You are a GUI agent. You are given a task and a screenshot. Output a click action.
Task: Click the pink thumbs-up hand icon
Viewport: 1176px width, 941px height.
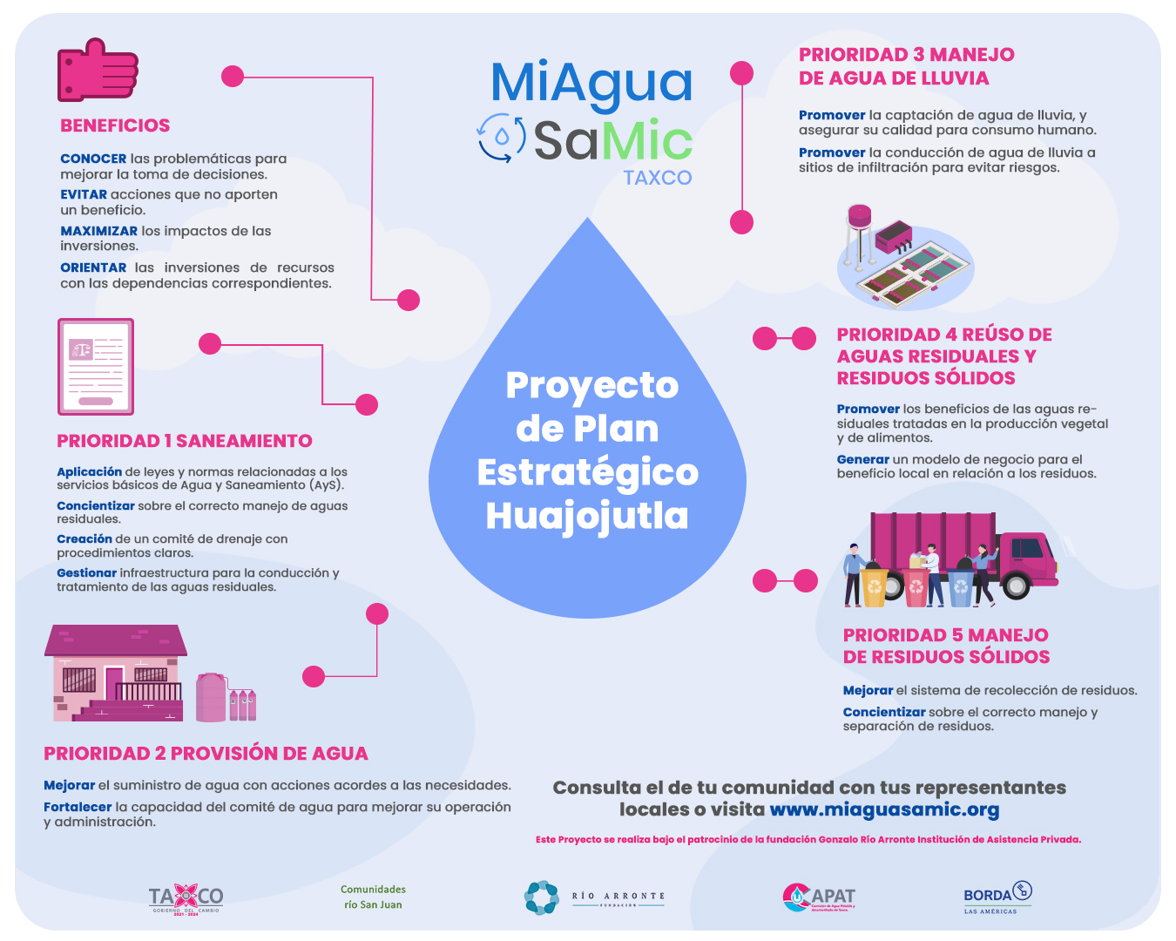[97, 70]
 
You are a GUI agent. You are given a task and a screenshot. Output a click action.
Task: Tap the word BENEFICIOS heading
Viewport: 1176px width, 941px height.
[115, 125]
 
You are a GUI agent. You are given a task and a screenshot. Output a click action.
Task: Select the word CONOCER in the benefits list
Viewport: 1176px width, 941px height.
[93, 159]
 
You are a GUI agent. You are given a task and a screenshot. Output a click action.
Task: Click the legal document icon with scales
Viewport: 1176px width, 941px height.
[96, 366]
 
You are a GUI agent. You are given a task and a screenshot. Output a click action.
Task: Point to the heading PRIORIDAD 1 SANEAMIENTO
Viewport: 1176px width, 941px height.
[185, 441]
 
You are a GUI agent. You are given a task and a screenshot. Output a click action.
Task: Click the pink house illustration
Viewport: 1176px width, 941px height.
[116, 674]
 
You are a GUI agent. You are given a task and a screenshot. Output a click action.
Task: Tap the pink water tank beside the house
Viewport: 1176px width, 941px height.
[212, 697]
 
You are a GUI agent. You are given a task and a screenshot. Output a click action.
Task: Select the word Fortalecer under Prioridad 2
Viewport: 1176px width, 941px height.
[78, 807]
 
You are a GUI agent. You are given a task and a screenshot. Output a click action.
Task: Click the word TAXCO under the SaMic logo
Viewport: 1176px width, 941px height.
[658, 178]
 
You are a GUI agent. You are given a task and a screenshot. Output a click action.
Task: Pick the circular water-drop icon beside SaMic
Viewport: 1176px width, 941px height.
[501, 137]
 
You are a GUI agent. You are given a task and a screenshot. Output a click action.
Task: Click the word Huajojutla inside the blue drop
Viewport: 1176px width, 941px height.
[587, 515]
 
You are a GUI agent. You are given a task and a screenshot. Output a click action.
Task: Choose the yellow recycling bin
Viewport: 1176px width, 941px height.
[875, 588]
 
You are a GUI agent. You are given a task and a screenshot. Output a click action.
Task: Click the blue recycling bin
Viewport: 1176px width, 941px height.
[961, 589]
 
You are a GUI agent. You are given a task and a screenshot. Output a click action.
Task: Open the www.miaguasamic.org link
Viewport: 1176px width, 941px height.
[884, 809]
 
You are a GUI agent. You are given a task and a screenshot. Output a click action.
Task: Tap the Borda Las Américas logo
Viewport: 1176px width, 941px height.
[997, 897]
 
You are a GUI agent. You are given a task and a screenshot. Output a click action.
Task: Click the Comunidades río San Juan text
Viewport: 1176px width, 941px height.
[373, 897]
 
